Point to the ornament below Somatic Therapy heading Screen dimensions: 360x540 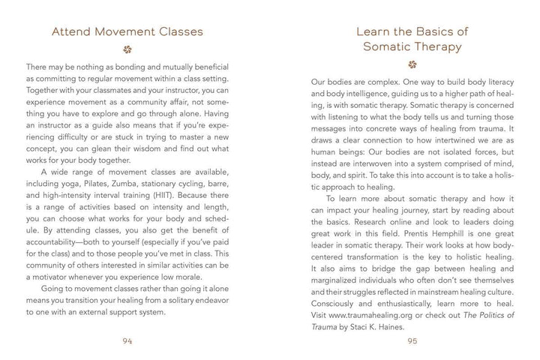411,64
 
